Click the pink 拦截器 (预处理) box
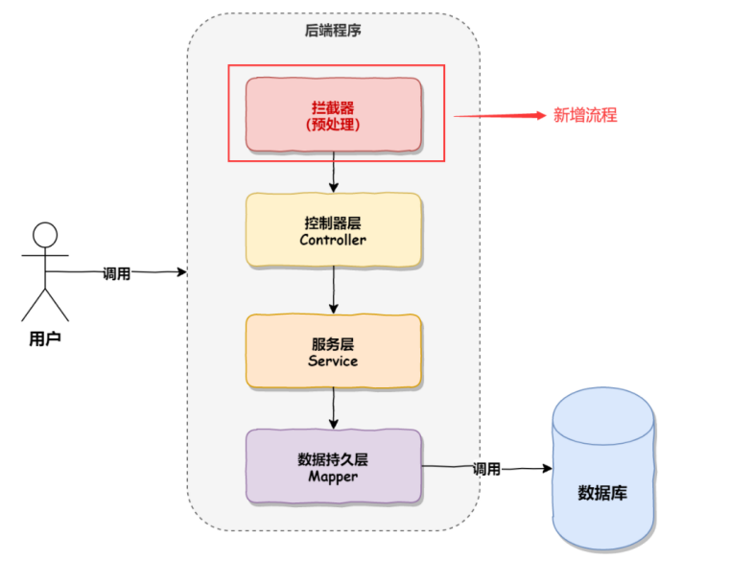pos(333,114)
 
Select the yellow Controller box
pos(333,230)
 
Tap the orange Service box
pos(333,351)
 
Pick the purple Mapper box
pos(333,467)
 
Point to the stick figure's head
pos(45,235)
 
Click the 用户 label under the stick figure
pos(45,338)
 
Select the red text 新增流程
pos(585,115)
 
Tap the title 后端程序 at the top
pos(333,31)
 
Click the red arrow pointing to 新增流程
pos(499,115)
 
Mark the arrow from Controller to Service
pos(334,290)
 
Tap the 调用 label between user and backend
pos(116,273)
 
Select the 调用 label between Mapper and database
pos(486,469)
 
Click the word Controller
pos(333,240)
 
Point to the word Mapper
pos(333,477)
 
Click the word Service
pos(333,361)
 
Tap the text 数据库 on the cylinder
pos(602,494)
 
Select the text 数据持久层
pos(333,458)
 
